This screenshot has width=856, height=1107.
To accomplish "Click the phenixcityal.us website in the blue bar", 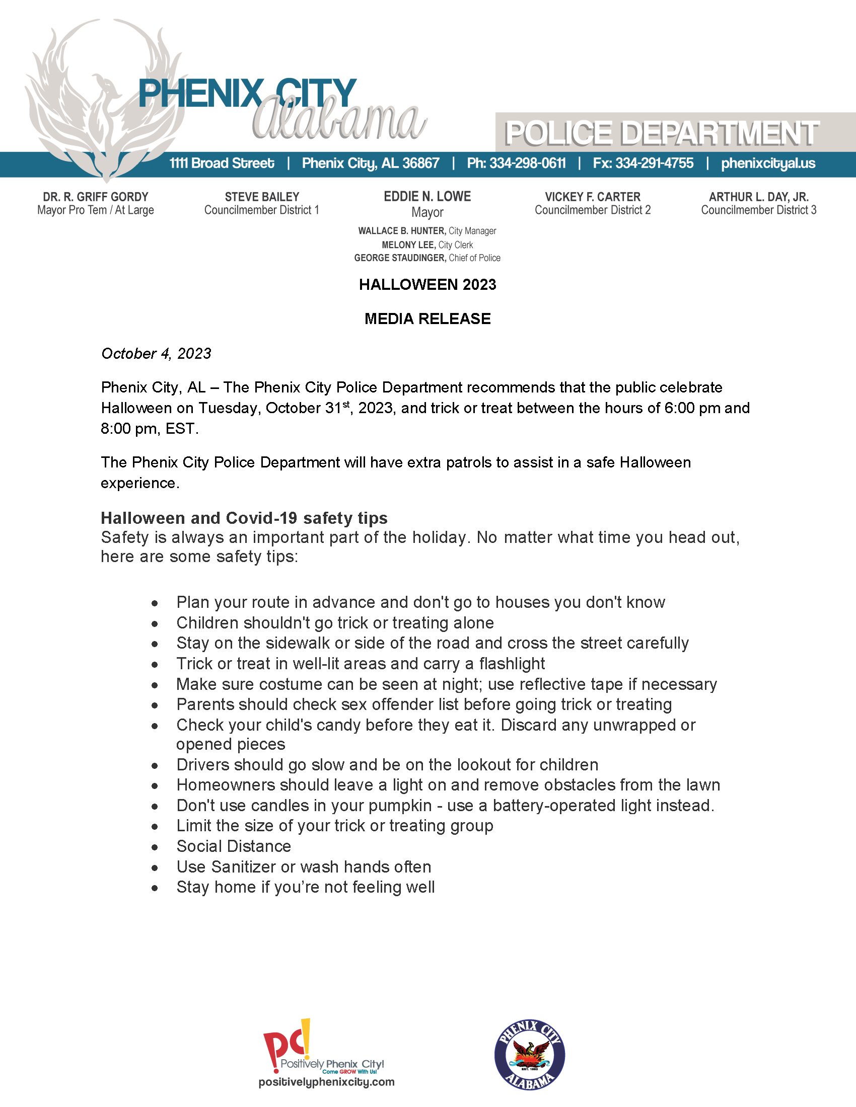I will click(x=768, y=163).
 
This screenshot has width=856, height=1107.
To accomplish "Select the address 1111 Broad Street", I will click(x=222, y=163).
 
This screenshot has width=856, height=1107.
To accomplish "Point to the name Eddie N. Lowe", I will click(x=427, y=197).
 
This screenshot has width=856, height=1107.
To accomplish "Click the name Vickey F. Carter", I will click(x=592, y=197).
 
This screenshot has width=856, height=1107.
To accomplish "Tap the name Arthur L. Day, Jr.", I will click(x=758, y=197).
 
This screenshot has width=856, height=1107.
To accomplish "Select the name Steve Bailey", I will click(x=262, y=197).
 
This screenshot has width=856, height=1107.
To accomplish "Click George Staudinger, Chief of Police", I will click(x=427, y=258).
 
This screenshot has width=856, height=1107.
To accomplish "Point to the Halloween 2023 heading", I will click(x=427, y=285).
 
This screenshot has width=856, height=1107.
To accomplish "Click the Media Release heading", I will click(x=427, y=319).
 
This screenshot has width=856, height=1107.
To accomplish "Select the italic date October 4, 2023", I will click(x=156, y=353).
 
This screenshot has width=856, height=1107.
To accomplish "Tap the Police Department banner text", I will click(x=661, y=133).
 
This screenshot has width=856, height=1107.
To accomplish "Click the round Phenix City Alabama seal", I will click(x=529, y=1054).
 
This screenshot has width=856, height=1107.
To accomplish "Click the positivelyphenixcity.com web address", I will click(x=326, y=1082).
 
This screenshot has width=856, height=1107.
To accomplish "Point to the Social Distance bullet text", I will click(x=233, y=846).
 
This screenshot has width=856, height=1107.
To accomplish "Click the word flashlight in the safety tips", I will click(x=512, y=664).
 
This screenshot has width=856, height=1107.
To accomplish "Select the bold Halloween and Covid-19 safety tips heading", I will click(x=244, y=518).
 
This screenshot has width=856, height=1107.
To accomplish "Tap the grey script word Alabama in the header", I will click(x=339, y=122).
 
